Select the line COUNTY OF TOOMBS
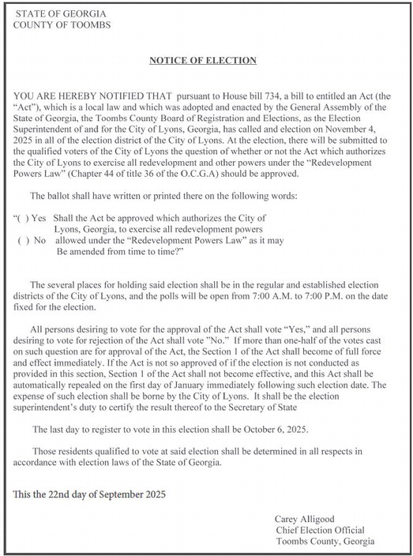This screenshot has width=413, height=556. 62,26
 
